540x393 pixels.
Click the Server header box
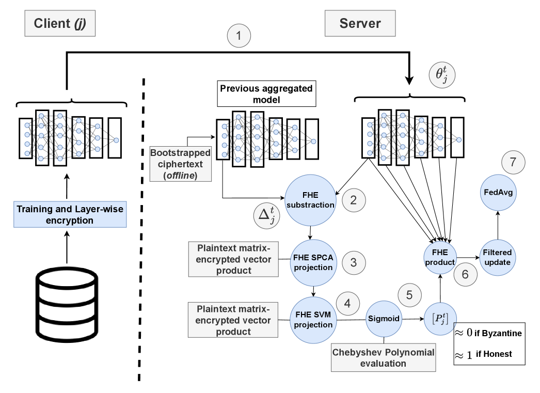[x=360, y=24]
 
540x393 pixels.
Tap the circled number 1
[x=239, y=36]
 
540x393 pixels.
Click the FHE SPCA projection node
[x=313, y=263]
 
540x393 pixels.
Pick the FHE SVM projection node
[x=313, y=320]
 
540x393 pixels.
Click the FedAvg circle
[x=498, y=192]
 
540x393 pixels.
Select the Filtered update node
[x=498, y=258]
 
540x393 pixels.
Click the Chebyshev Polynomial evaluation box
[x=383, y=358]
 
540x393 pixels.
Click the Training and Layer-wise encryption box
[x=66, y=215]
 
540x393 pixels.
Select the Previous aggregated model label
[x=266, y=94]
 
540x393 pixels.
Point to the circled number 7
[x=513, y=162]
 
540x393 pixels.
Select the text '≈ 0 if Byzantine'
[x=488, y=333]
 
